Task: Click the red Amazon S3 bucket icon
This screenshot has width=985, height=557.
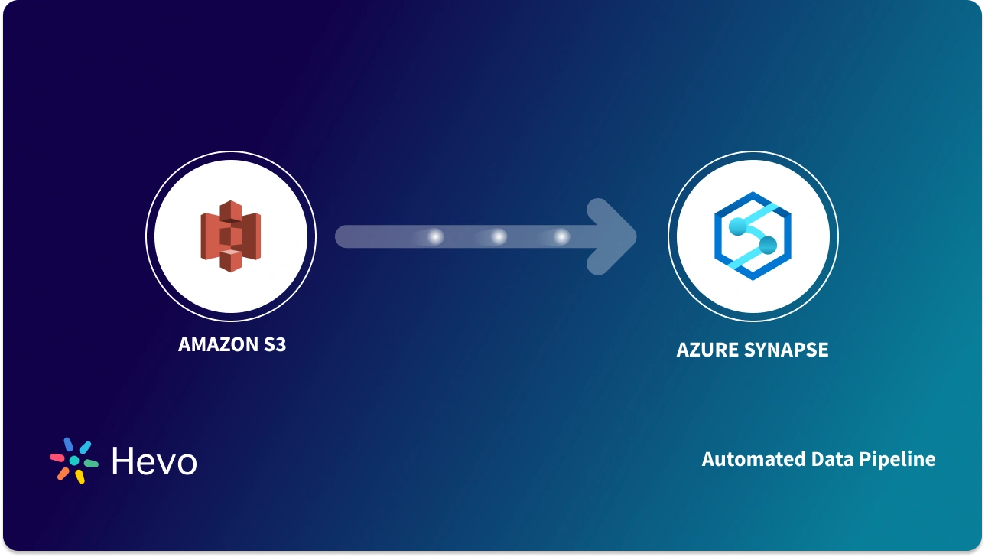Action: [x=230, y=236]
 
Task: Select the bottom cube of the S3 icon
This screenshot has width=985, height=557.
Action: [x=230, y=262]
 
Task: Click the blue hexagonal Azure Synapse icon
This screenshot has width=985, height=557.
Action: [x=753, y=236]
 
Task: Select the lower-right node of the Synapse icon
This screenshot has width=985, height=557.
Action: [x=767, y=246]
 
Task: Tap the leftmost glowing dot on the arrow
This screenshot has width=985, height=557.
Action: [x=435, y=237]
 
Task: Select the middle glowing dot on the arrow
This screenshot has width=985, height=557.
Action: [x=499, y=237]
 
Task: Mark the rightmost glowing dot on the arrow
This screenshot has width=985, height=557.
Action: [x=562, y=237]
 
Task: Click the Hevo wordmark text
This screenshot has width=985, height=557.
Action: [x=154, y=461]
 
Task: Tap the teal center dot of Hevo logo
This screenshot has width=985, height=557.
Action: [x=74, y=461]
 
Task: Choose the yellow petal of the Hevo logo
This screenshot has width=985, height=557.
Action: [x=79, y=476]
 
